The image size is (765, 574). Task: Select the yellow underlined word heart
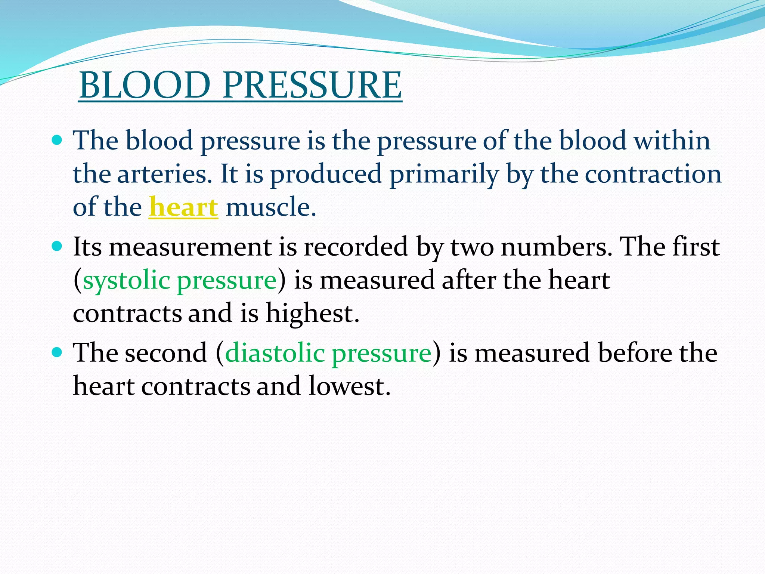183,207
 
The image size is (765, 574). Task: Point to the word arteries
165,174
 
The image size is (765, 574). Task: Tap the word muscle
271,207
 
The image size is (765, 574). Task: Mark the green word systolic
126,280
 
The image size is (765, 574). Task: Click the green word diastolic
275,353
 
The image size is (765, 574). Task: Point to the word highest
312,313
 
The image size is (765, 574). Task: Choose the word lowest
350,386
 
